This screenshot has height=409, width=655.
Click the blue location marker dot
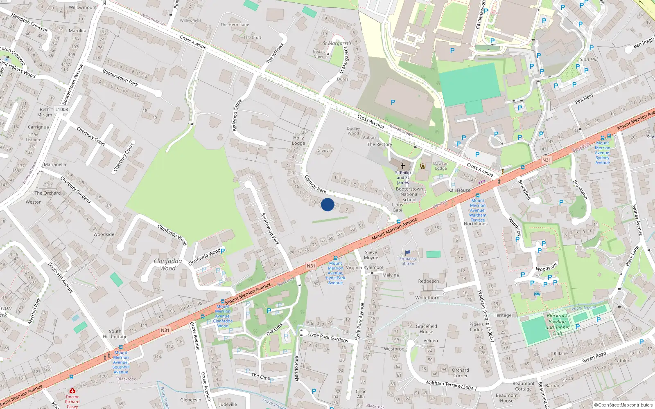click(x=327, y=204)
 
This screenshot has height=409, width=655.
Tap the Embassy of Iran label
click(x=408, y=261)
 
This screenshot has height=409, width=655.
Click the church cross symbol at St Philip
click(x=403, y=166)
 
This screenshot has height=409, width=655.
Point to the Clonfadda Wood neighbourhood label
click(x=168, y=265)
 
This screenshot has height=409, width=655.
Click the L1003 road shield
click(x=62, y=109)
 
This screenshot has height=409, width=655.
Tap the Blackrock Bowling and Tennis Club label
click(x=557, y=324)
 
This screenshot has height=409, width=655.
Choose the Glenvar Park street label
click(x=315, y=184)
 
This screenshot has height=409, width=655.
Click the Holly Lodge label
click(x=298, y=141)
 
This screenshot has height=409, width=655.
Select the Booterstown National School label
click(x=409, y=194)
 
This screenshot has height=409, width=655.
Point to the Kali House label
click(x=459, y=190)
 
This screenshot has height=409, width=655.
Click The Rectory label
click(x=379, y=144)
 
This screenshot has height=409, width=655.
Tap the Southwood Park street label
click(x=270, y=229)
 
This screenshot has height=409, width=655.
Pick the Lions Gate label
click(x=398, y=207)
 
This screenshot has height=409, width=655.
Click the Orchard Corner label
click(x=460, y=373)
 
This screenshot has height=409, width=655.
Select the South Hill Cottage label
click(x=115, y=334)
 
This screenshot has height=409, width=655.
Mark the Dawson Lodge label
click(x=441, y=166)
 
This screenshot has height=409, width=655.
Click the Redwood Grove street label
click(x=237, y=115)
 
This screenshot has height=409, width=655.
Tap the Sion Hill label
click(x=589, y=59)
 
